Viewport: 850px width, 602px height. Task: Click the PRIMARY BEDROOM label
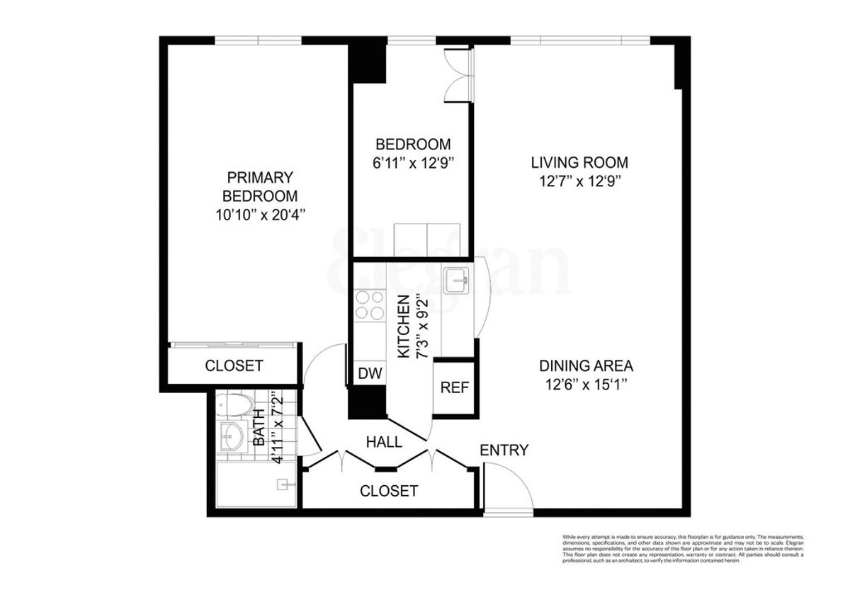point(260,186)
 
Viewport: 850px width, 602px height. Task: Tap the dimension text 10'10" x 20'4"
point(260,214)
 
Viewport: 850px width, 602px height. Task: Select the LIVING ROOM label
point(579,163)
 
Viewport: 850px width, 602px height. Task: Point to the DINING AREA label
point(586,367)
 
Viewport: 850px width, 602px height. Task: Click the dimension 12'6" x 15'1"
point(586,386)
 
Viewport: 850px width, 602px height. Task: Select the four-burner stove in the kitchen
point(368,306)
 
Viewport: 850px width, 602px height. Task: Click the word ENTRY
point(504,450)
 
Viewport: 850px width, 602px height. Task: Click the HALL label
point(384,443)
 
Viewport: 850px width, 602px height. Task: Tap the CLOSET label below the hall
point(388,491)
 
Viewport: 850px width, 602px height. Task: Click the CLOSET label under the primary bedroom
point(234,366)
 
